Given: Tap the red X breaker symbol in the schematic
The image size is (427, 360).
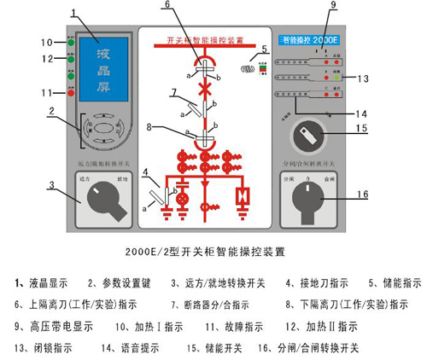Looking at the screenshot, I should pos(204,89).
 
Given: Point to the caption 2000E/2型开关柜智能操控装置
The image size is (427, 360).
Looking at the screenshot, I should pos(213,253).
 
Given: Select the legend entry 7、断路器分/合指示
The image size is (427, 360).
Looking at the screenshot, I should pos(193,303).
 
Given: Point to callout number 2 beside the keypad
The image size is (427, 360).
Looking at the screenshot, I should pos(53,111).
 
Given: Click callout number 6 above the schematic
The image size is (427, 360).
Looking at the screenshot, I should pos(191,6).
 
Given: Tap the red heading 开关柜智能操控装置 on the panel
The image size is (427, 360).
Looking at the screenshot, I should pos(205,39).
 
